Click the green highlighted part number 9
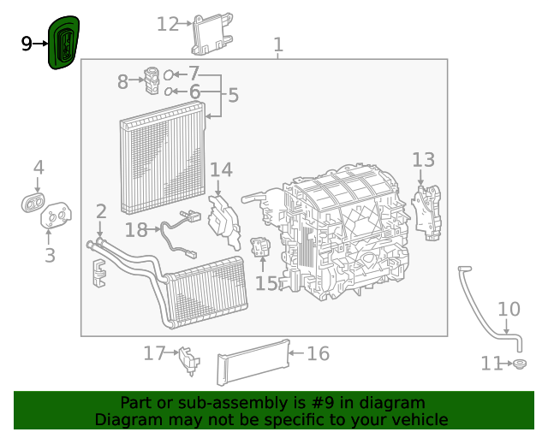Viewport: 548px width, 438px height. [65, 43]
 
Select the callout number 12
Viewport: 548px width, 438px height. [168, 24]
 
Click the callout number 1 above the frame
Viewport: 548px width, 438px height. [277, 44]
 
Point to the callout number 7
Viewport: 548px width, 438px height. [194, 74]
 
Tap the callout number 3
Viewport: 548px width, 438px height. [50, 254]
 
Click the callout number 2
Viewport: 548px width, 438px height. [101, 210]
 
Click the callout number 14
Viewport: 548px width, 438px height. [221, 170]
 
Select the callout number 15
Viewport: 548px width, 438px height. [267, 282]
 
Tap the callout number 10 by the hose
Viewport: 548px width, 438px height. [509, 309]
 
